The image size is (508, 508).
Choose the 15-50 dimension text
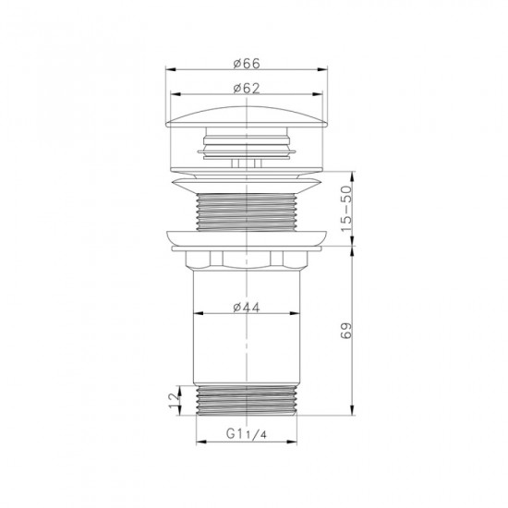[348, 210]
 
